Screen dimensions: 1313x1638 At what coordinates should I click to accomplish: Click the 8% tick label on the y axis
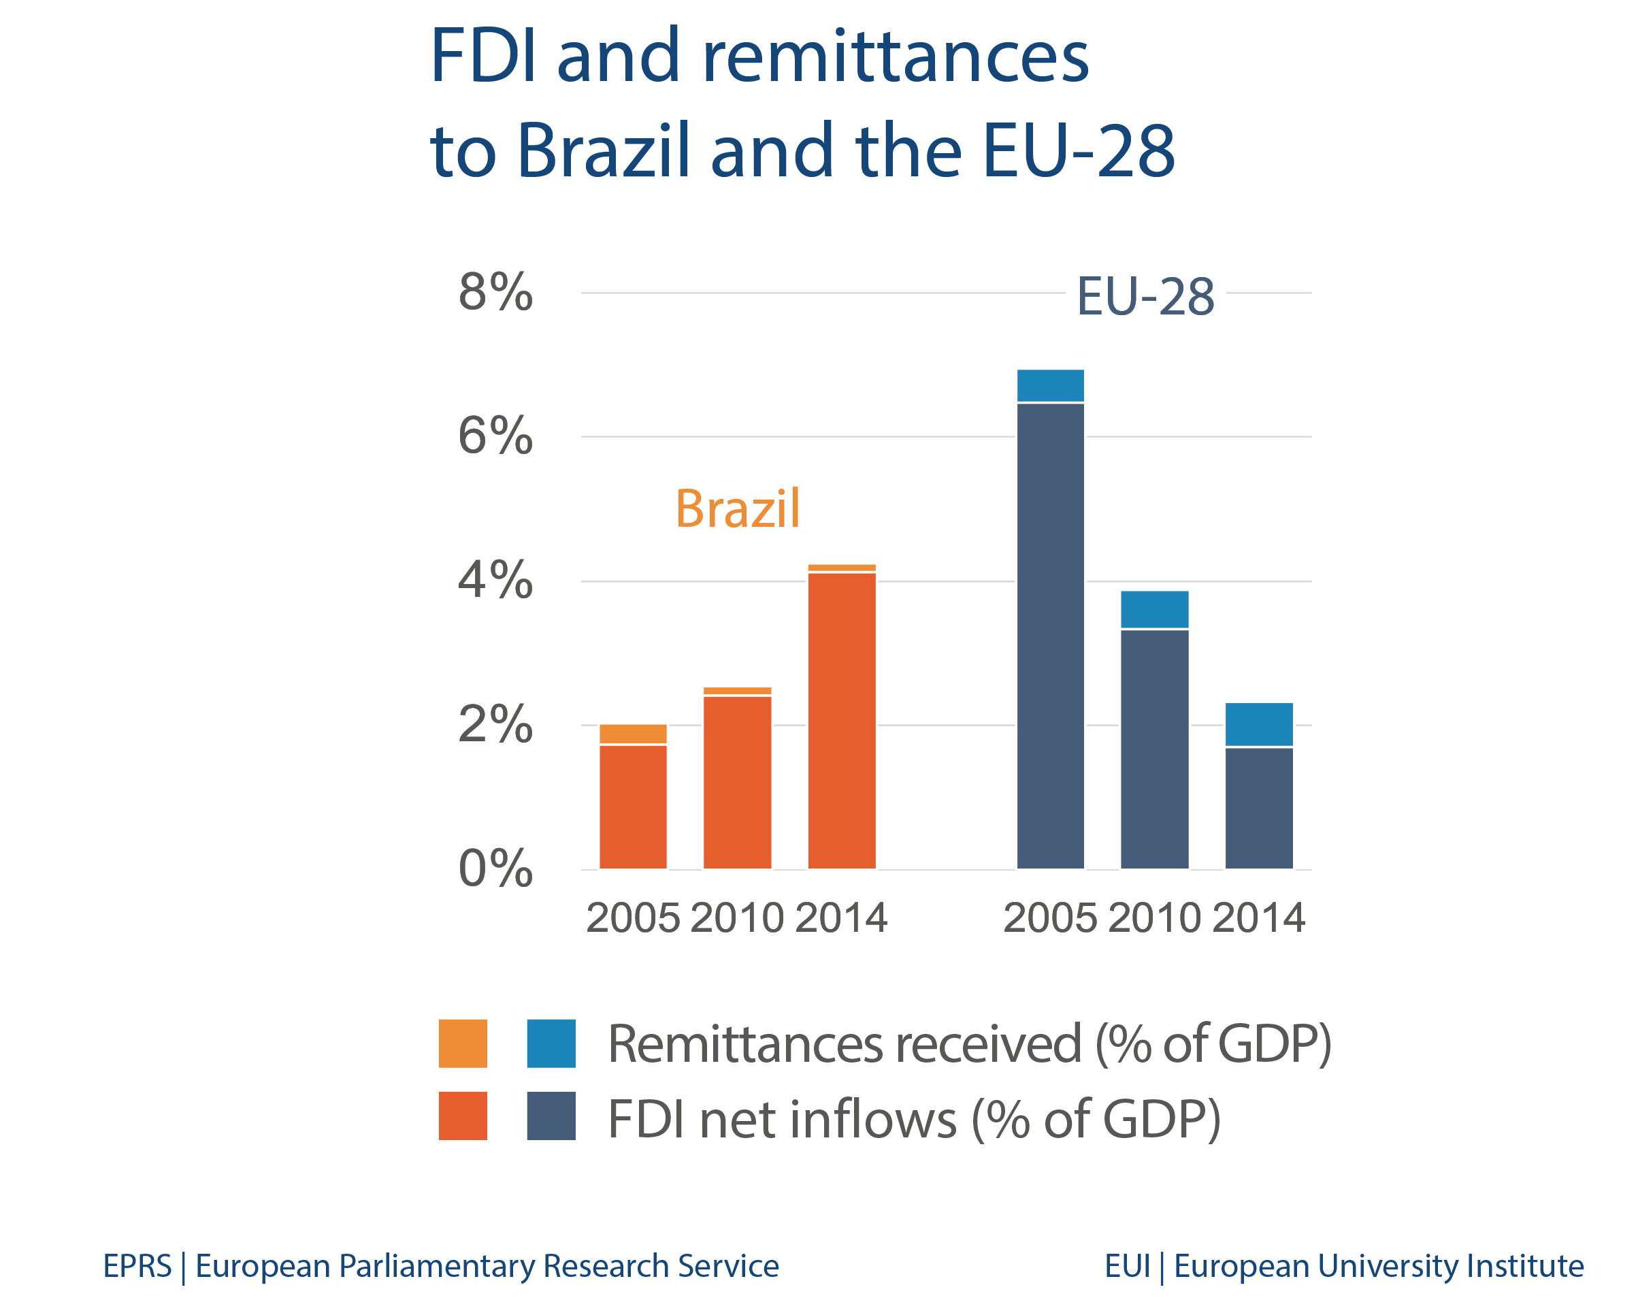click(x=495, y=292)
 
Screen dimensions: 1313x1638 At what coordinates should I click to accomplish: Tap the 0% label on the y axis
click(x=495, y=869)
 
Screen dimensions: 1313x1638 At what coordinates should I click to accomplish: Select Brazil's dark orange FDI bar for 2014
click(x=841, y=722)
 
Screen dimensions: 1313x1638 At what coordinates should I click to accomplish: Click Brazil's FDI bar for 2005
click(x=633, y=807)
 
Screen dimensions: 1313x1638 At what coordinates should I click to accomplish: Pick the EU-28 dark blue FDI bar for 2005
click(x=1050, y=635)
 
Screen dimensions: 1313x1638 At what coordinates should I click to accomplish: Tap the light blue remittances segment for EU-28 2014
click(x=1258, y=724)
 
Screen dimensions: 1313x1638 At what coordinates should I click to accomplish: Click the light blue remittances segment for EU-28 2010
click(x=1154, y=609)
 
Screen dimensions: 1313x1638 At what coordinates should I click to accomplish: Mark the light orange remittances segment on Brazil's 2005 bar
click(x=633, y=733)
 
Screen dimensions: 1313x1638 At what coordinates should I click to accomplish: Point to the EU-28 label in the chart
click(x=1145, y=296)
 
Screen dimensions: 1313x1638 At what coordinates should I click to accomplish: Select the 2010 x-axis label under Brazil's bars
click(x=737, y=918)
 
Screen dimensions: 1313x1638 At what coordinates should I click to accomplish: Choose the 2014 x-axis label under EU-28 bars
click(x=1258, y=918)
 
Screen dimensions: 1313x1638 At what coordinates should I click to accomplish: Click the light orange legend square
click(x=463, y=1043)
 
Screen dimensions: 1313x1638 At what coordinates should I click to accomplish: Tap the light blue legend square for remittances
click(x=551, y=1043)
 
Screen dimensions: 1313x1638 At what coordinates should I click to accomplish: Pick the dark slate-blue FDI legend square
click(x=551, y=1116)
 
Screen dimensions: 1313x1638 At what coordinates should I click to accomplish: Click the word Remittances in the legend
click(x=744, y=1044)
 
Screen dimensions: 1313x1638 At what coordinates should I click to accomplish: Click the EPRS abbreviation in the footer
click(x=137, y=1266)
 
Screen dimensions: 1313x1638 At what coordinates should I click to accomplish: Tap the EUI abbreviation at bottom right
click(x=1127, y=1266)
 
